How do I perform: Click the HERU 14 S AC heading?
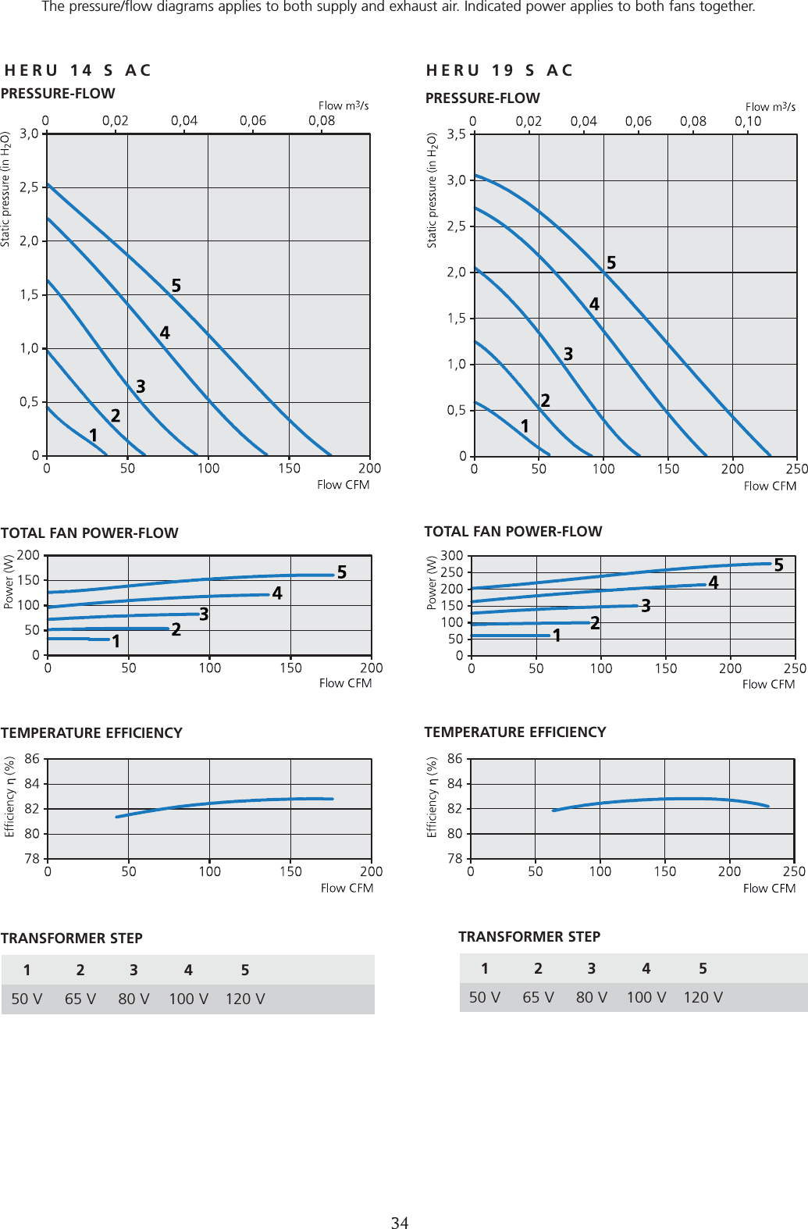(77, 70)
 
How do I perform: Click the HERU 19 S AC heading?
(500, 70)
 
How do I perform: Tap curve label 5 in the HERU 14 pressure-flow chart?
(176, 286)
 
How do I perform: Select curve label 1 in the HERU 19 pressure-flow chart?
(525, 426)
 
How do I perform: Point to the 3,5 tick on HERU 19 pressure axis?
(456, 134)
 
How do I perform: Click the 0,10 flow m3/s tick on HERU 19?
(747, 121)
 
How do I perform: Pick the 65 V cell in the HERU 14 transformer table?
(80, 999)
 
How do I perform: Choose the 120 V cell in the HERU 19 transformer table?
(703, 998)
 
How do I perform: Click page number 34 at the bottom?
(400, 1223)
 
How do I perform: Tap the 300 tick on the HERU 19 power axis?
(452, 556)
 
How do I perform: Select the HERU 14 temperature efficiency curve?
(226, 802)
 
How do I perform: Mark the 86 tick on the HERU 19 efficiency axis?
(454, 759)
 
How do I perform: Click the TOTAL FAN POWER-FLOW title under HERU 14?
(90, 533)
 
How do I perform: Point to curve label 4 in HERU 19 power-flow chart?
(713, 582)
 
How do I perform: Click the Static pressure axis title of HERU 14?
(5, 189)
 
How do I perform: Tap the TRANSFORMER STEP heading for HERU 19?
(529, 937)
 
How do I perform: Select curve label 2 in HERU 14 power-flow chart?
(176, 629)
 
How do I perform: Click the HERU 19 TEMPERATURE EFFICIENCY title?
(515, 732)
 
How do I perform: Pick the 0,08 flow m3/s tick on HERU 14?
(322, 121)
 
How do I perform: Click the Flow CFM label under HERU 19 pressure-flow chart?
(770, 486)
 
